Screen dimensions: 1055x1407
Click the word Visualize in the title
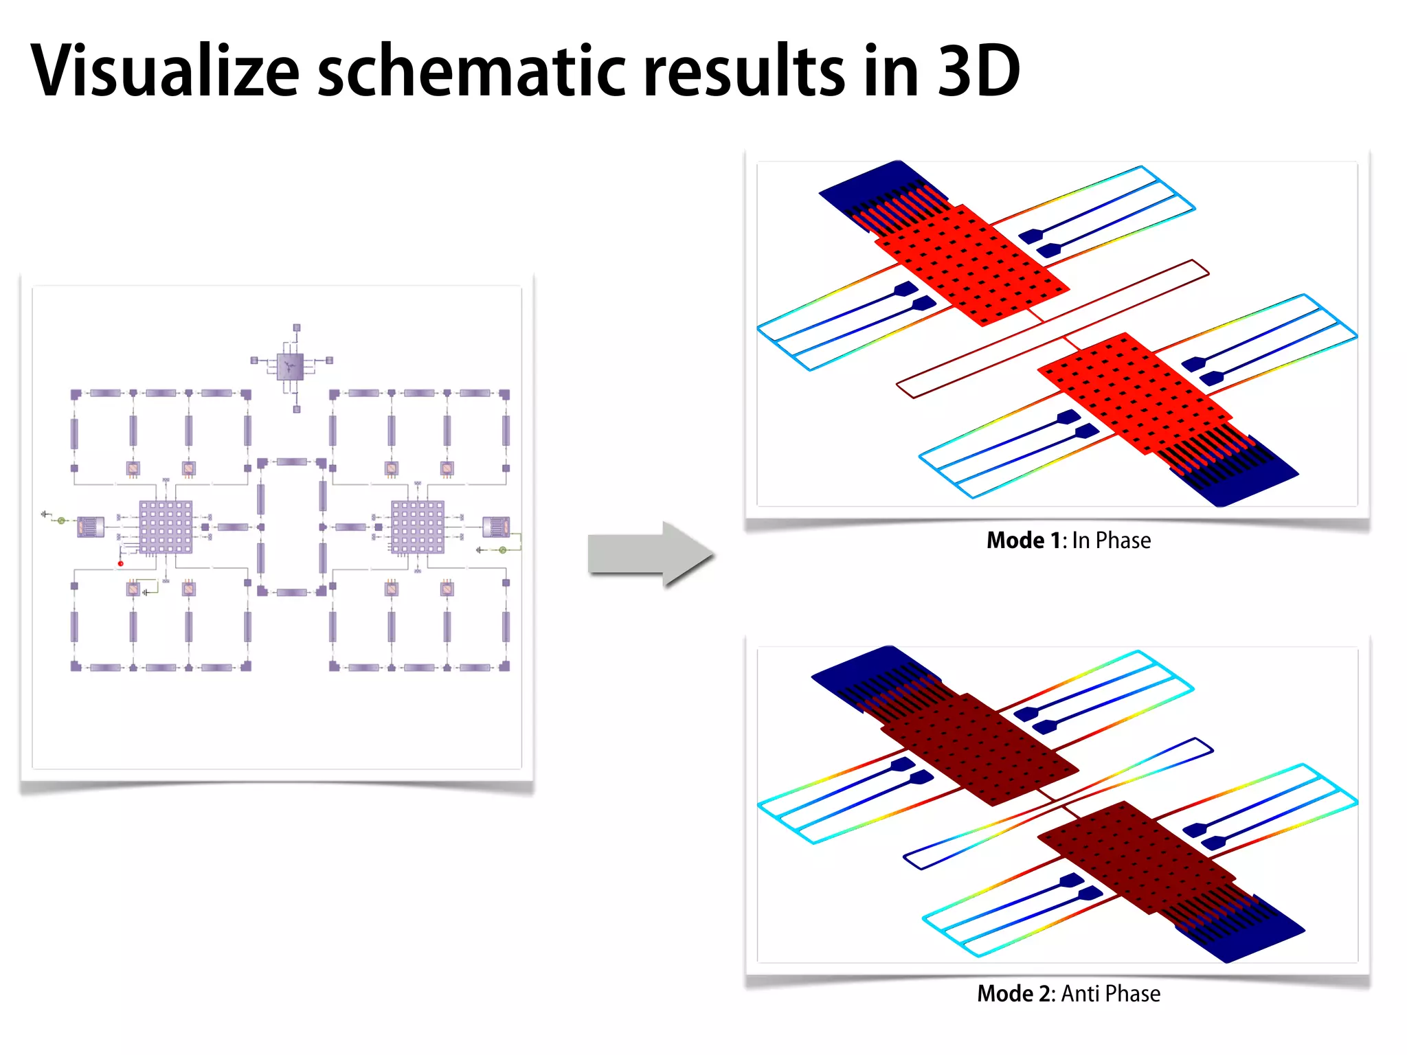pos(165,71)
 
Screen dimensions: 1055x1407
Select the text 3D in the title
pos(978,71)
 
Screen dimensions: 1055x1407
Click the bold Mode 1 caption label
pos(1024,541)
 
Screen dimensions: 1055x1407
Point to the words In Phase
pos(1111,541)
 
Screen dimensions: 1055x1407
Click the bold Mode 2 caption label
pos(1016,994)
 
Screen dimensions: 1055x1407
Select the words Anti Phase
pos(1110,994)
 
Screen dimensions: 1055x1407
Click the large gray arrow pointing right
pos(650,554)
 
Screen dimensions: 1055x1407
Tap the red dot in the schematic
pos(121,563)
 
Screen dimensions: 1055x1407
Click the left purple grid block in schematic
pos(166,527)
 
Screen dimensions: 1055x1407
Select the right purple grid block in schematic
pos(418,527)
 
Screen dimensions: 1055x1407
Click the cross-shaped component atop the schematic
pos(290,366)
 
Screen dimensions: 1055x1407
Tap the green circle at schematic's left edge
pos(62,521)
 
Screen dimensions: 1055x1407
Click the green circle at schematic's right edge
pos(502,550)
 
